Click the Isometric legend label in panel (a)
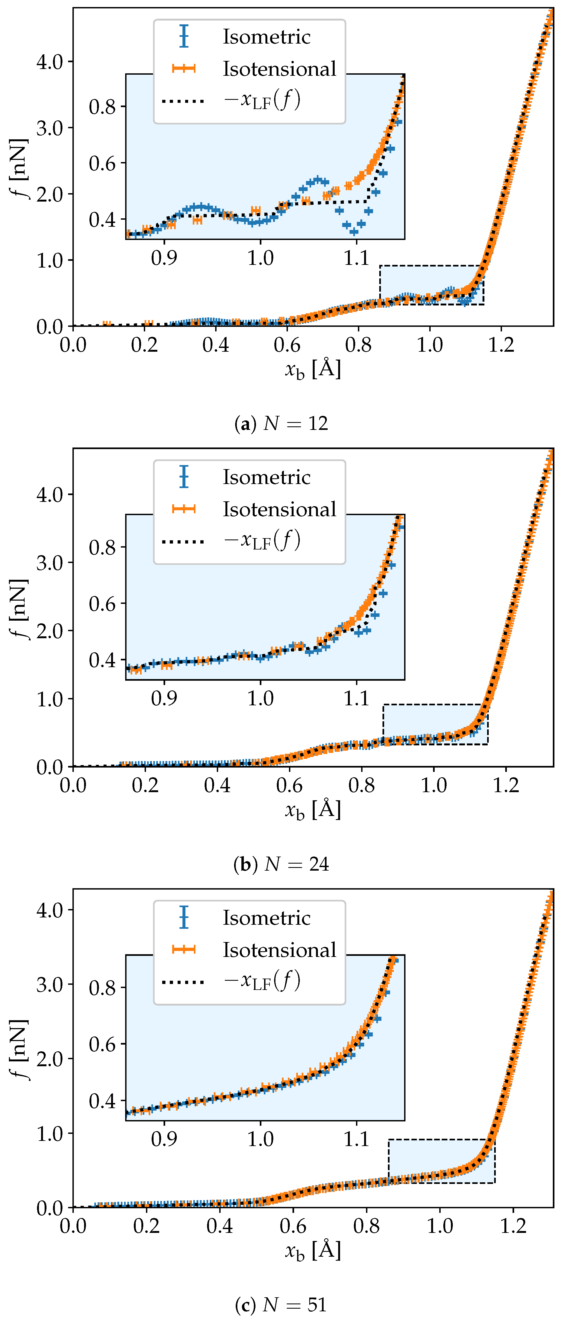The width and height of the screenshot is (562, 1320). click(266, 37)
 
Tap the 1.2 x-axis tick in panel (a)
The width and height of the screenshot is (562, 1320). click(501, 344)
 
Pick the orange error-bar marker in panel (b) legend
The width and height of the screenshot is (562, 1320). click(184, 509)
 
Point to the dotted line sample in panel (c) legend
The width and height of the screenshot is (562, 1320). click(183, 982)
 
